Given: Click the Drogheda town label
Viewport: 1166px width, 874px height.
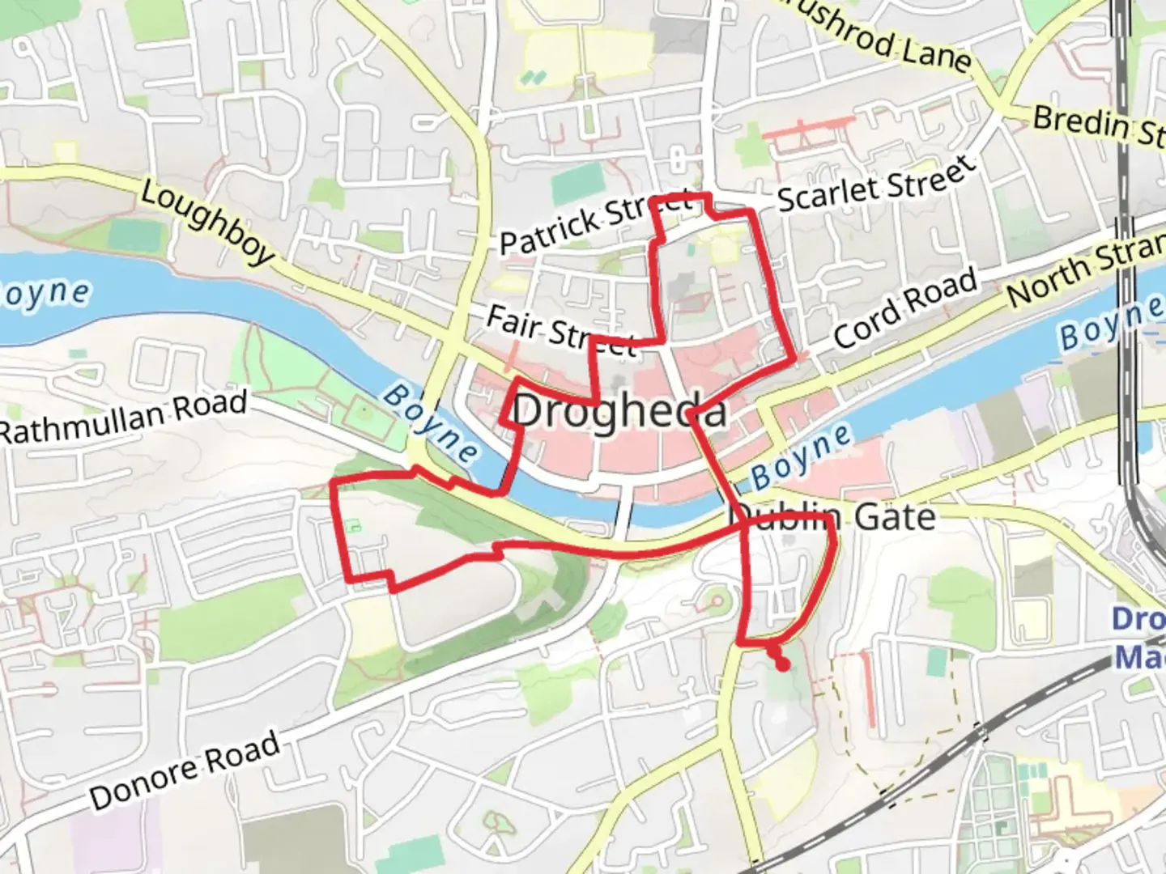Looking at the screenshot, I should [x=619, y=411].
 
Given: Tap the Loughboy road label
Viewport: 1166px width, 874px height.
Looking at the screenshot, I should [x=207, y=222].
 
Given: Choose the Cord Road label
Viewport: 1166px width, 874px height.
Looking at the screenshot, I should [x=905, y=308].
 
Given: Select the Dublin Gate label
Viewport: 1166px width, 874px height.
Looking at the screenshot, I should [x=834, y=517].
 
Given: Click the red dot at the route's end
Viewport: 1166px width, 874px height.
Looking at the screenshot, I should [x=782, y=664].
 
